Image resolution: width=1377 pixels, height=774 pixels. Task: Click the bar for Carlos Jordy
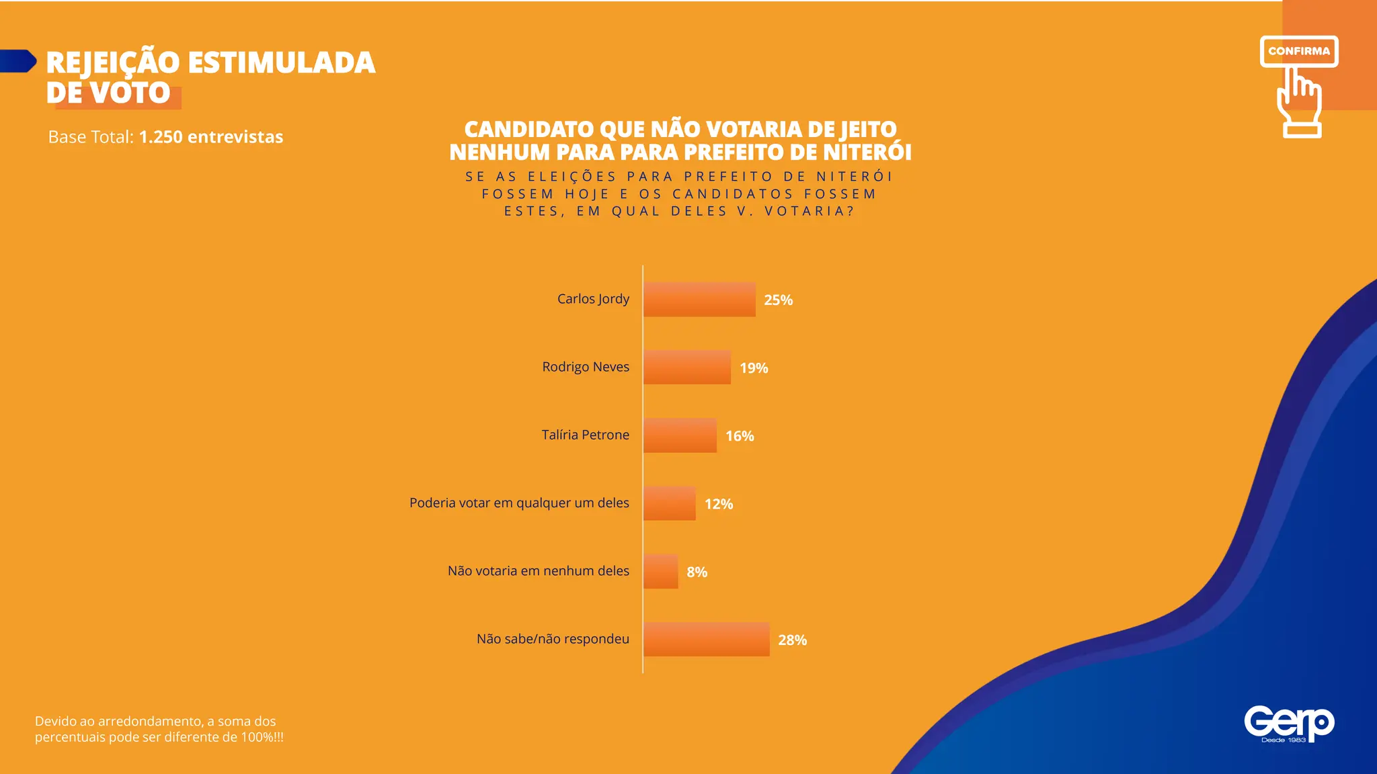coord(699,300)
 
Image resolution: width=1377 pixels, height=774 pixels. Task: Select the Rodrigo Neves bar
coord(686,368)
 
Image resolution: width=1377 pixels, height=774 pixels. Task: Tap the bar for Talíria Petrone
coord(680,435)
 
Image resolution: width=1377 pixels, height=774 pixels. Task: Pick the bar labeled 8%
coord(660,572)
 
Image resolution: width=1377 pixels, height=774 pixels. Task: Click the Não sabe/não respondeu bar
coord(706,640)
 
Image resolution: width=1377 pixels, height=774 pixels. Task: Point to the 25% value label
coord(778,300)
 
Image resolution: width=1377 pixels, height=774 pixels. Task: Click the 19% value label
coord(754,368)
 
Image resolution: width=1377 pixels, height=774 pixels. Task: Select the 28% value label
coord(792,640)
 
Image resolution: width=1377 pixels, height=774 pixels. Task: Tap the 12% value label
coord(718,504)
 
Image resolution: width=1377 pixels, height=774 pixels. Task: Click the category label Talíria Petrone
coord(585,435)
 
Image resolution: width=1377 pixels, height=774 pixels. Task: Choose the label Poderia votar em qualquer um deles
coord(519,503)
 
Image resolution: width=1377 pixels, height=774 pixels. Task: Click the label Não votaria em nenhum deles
coord(538,570)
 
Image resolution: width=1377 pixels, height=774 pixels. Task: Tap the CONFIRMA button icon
coord(1298,51)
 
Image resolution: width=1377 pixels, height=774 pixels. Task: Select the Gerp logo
coord(1288,724)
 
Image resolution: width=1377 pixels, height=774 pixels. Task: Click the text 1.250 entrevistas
coord(210,137)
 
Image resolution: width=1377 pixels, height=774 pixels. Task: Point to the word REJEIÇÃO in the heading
coord(113,63)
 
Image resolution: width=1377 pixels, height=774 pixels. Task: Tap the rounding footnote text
coord(159,729)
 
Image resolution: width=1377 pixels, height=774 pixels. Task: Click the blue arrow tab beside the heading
coord(17,61)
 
